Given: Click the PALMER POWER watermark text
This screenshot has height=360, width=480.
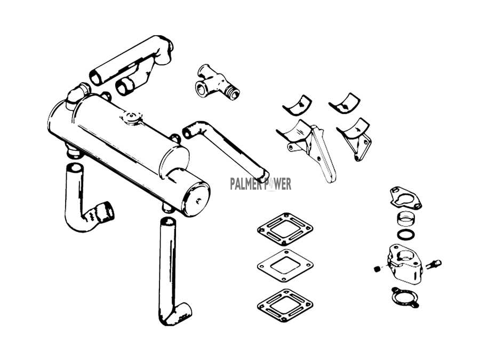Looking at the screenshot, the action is click(x=260, y=185).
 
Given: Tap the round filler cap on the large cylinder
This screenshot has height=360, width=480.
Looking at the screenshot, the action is click(x=131, y=117).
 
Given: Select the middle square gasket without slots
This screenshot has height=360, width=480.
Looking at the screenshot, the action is click(x=285, y=265).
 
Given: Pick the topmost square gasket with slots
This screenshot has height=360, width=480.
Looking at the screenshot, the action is click(x=285, y=229).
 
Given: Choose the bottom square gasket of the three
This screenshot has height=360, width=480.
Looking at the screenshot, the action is click(x=285, y=305).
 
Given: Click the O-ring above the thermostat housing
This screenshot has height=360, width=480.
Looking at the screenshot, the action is click(x=406, y=235).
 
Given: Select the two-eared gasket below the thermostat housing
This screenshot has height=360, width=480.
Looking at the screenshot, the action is click(x=405, y=297).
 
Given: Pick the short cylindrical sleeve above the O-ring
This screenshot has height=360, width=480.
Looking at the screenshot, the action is click(x=406, y=219).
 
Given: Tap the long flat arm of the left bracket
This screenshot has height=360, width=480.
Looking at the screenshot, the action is click(x=323, y=156).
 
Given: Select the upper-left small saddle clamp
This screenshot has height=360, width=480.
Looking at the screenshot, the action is click(x=297, y=105).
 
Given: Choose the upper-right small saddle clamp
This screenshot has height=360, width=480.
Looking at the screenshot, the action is click(x=345, y=103).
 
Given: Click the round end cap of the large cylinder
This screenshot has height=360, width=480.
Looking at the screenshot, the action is click(x=196, y=199).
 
